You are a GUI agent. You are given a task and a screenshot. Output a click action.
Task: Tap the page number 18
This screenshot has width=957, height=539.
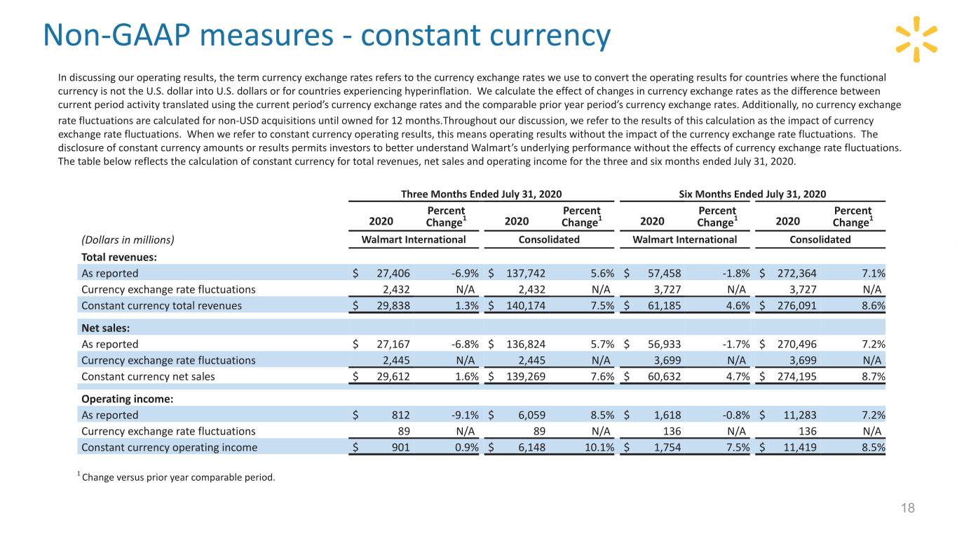909,509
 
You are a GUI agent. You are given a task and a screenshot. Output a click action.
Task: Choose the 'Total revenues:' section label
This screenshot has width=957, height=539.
119,257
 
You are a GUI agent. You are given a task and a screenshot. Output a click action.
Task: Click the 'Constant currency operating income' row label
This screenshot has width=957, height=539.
169,447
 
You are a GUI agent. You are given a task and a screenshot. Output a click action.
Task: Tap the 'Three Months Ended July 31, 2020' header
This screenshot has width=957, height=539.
480,194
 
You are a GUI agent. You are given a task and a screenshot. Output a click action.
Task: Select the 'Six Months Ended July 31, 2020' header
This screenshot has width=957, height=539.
753,194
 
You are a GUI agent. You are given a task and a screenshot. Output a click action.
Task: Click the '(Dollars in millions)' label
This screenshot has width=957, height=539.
128,239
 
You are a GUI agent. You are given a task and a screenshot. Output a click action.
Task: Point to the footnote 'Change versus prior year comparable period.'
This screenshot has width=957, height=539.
178,479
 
